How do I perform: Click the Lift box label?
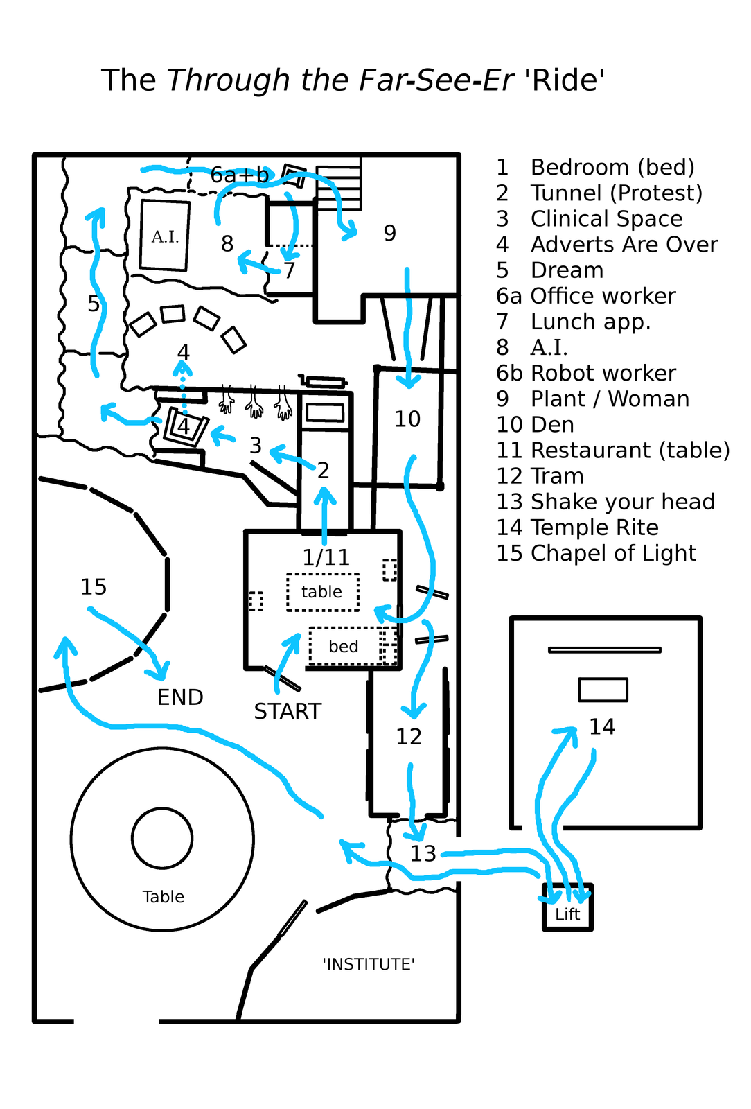[x=567, y=914]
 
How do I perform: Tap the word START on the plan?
[x=288, y=711]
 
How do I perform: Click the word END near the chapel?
[x=180, y=697]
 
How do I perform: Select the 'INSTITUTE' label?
[x=369, y=964]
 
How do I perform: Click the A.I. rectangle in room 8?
[x=164, y=236]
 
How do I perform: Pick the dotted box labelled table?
[x=323, y=592]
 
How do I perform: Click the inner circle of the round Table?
[x=162, y=838]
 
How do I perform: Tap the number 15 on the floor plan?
[x=94, y=587]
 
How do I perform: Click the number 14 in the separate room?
[x=601, y=726]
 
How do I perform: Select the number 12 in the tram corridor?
[x=409, y=736]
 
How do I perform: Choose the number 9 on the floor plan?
[x=390, y=234]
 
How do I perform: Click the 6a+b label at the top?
[x=239, y=175]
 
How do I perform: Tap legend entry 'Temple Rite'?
[x=594, y=527]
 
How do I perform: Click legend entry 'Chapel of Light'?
[x=613, y=553]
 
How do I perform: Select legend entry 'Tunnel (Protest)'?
[x=616, y=193]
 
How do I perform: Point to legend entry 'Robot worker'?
[x=603, y=373]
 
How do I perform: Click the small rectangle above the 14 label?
[x=603, y=690]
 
